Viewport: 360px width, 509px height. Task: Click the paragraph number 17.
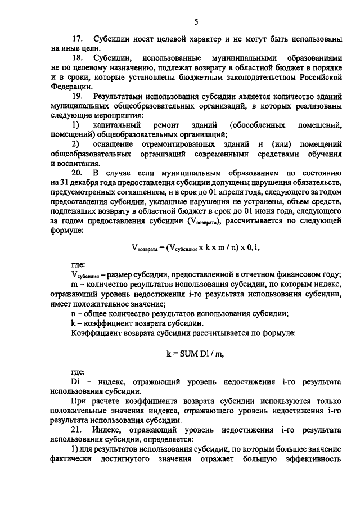pyautogui.click(x=78, y=39)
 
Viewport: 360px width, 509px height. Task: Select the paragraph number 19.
pyautogui.click(x=78, y=97)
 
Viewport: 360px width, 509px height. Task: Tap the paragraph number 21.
pyautogui.click(x=78, y=429)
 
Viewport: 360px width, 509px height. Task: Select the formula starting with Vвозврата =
pyautogui.click(x=196, y=246)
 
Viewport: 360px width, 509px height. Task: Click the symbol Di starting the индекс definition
pyautogui.click(x=76, y=381)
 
